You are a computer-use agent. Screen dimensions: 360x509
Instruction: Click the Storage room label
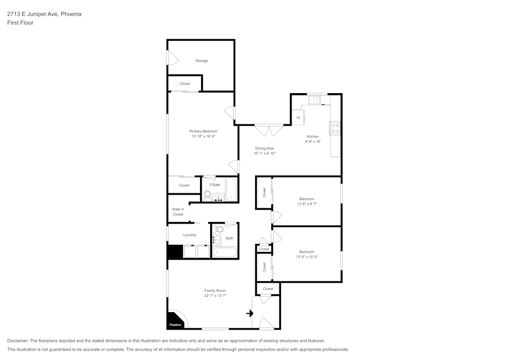click(202, 61)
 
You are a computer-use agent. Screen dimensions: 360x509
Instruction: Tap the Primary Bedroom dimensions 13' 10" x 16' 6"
click(203, 136)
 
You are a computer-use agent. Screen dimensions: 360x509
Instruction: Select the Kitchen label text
click(313, 136)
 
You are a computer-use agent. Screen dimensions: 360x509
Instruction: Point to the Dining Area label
click(264, 148)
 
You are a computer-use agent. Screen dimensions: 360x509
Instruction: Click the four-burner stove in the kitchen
click(335, 128)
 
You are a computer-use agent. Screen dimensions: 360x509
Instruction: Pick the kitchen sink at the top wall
click(317, 100)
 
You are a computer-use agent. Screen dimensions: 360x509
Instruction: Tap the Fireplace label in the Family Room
click(175, 324)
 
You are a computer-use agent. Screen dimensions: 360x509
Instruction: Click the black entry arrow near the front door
click(250, 313)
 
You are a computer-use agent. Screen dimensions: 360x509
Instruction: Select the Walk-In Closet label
click(178, 212)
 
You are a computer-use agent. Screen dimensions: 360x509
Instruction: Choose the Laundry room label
click(190, 235)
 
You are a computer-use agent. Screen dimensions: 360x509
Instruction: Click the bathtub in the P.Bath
click(232, 189)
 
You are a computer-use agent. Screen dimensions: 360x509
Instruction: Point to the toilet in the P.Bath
click(208, 195)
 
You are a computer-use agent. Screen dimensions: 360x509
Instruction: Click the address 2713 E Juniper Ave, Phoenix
click(44, 14)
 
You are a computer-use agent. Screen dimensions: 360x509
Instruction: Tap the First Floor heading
click(20, 23)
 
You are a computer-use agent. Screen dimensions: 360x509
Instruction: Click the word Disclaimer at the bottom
click(18, 341)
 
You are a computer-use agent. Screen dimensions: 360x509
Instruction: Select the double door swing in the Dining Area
click(269, 131)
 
